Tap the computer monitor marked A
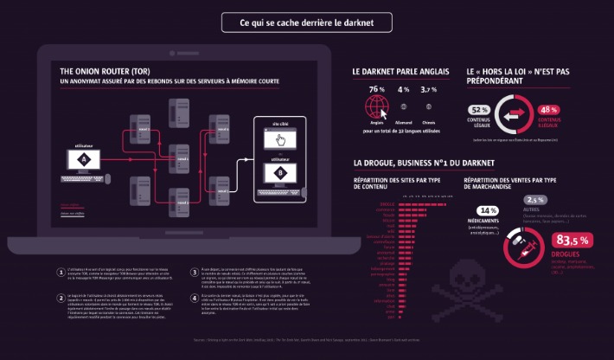click(x=83, y=160)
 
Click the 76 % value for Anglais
click(x=376, y=90)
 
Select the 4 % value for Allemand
click(x=403, y=90)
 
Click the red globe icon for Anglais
click(x=376, y=107)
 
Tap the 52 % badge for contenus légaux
click(x=478, y=109)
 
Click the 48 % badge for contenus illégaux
click(x=547, y=110)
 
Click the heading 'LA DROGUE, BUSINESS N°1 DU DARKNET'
click(x=424, y=162)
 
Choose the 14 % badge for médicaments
click(x=488, y=210)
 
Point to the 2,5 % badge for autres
click(x=534, y=200)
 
